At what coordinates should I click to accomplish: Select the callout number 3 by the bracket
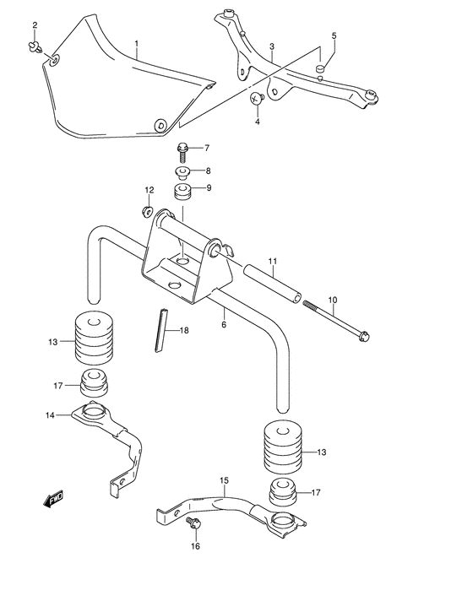pos(271,46)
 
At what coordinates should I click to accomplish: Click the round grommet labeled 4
pos(258,100)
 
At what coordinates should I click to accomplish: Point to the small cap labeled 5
pos(322,68)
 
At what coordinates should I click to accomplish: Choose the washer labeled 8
pos(182,171)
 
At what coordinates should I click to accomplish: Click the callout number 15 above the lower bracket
pos(224,483)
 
